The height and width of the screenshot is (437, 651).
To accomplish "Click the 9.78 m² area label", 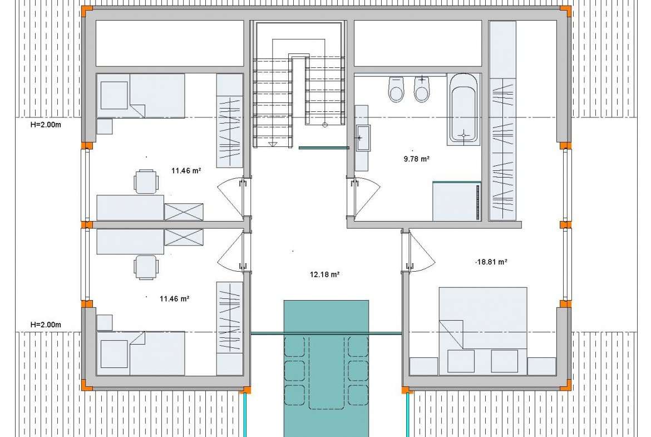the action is (x=416, y=159).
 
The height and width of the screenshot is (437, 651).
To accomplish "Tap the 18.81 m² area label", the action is (x=491, y=262).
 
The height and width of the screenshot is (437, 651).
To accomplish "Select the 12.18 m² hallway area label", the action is (x=325, y=274).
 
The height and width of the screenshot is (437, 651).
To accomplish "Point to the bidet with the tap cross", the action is (x=421, y=89).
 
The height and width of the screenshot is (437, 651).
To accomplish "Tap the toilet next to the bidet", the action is (x=396, y=89).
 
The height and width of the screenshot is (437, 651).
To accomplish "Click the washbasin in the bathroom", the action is (x=362, y=138).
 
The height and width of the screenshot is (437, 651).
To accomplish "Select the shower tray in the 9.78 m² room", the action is (x=457, y=201).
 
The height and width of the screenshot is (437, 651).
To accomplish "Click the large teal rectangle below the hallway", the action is (x=326, y=368).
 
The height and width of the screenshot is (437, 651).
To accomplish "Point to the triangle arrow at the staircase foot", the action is (x=272, y=144).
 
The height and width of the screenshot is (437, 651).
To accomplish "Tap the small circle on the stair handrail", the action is (x=325, y=125).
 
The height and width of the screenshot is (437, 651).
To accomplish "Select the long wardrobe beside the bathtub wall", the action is (x=502, y=120).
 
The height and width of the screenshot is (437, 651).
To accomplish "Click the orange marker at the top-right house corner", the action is (x=565, y=11).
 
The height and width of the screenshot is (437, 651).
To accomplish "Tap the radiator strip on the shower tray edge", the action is (x=478, y=202).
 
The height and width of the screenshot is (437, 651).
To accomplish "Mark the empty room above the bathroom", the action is (x=418, y=43).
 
